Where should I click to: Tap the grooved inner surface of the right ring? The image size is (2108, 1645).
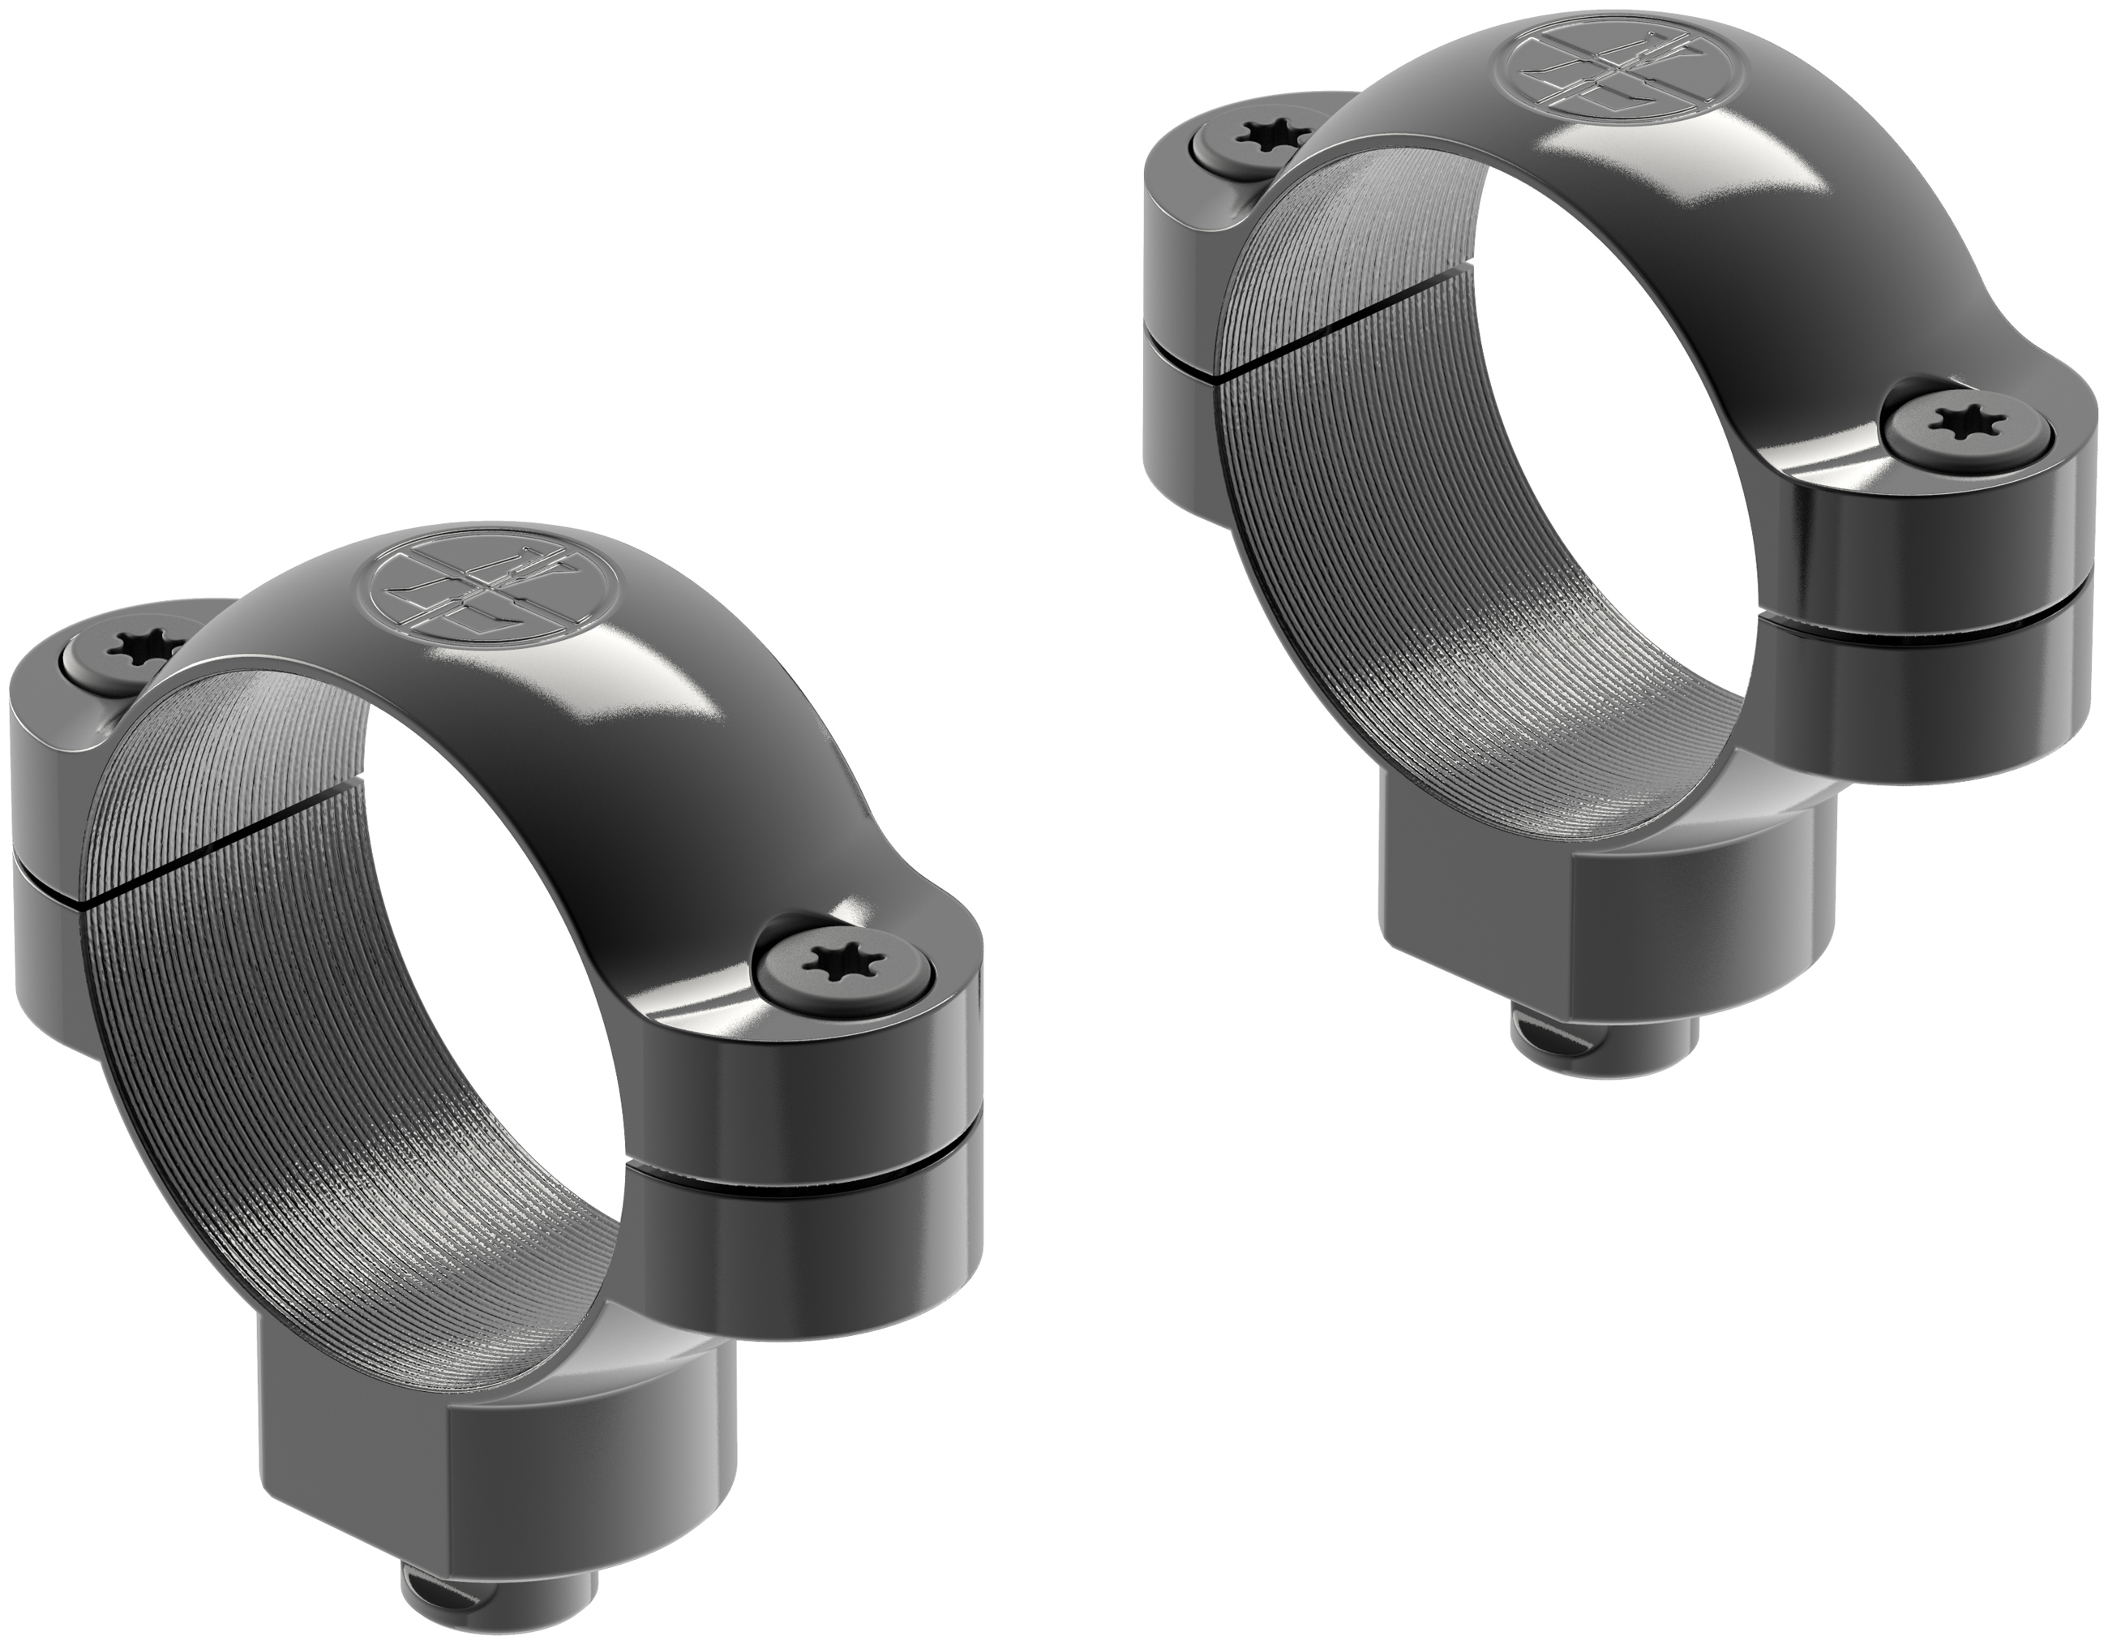1352,579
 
